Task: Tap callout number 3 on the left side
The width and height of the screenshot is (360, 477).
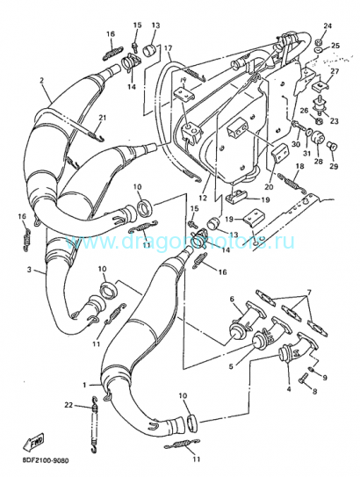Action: pyautogui.click(x=29, y=270)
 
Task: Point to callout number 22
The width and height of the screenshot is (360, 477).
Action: pyautogui.click(x=68, y=404)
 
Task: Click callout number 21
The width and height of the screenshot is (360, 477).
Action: pyautogui.click(x=102, y=118)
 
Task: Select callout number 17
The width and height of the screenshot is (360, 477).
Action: pyautogui.click(x=167, y=48)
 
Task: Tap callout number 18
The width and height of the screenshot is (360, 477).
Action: pyautogui.click(x=300, y=166)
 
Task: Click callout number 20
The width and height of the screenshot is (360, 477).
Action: pyautogui.click(x=269, y=185)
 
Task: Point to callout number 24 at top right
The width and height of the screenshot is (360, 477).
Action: pyautogui.click(x=327, y=26)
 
